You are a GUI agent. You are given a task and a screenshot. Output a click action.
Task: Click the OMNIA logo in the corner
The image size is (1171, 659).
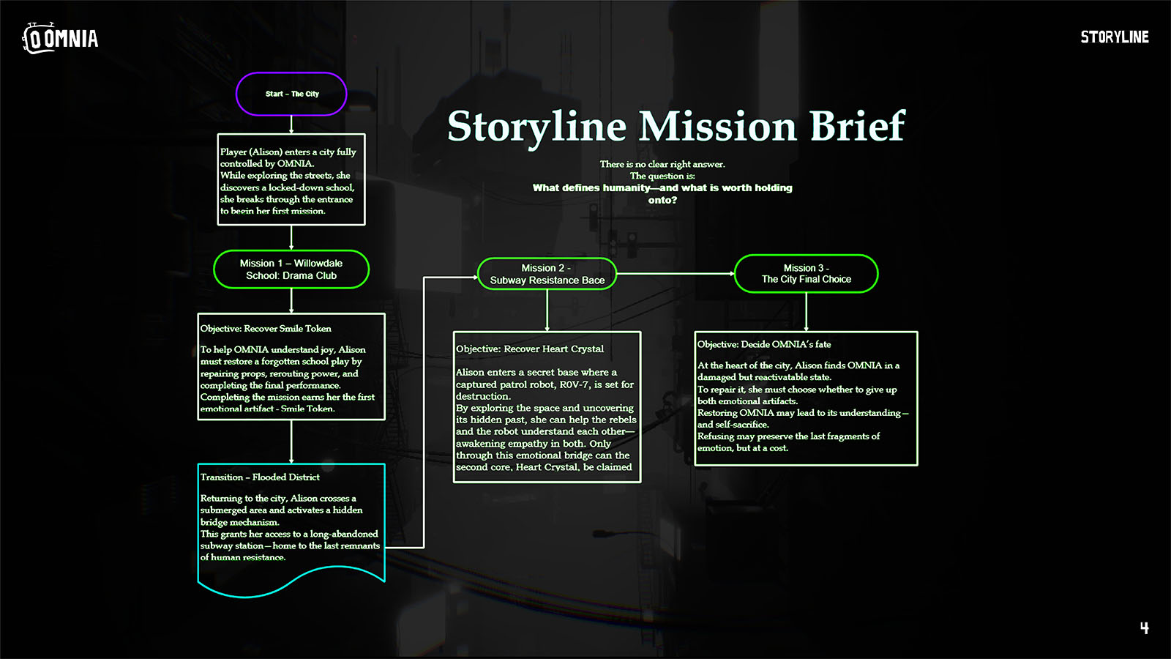tap(60, 38)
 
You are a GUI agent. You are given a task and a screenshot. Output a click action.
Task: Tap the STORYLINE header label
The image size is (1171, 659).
tap(1114, 37)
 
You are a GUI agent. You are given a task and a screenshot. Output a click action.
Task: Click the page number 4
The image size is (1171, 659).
tap(1144, 628)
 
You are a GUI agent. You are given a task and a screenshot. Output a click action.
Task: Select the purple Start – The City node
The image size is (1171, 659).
tap(291, 94)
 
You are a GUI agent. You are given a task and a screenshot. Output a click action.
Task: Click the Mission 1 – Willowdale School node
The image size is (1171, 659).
tap(291, 269)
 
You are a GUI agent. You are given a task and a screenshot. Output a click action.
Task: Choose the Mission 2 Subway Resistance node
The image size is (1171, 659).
tap(547, 274)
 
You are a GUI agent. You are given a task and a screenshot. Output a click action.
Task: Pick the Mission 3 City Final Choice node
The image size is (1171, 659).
tap(806, 274)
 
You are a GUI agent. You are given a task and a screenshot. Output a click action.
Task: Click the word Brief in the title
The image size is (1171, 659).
tap(857, 126)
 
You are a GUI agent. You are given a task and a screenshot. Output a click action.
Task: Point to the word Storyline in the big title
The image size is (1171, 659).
tap(536, 126)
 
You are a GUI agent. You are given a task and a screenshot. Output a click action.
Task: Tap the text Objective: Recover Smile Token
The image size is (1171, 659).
tap(266, 329)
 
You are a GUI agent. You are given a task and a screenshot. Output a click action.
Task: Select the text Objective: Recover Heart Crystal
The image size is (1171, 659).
tap(530, 349)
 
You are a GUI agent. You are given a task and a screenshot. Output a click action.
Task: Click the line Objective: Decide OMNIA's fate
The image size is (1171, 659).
tap(764, 344)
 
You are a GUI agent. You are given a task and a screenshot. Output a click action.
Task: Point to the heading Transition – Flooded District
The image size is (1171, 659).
tap(260, 477)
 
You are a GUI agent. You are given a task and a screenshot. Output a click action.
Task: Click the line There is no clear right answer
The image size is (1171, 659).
tap(662, 164)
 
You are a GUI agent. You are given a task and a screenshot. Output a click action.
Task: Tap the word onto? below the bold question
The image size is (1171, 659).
tap(662, 200)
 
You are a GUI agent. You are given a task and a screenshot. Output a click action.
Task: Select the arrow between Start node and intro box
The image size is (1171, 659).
tap(291, 124)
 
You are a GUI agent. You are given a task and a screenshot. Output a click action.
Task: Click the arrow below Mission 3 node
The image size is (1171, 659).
tap(806, 312)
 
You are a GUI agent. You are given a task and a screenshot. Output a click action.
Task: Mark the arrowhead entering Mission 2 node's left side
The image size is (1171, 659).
tap(474, 278)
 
